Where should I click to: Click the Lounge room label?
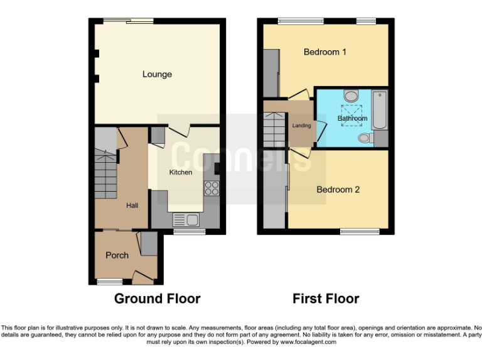click(x=157, y=74)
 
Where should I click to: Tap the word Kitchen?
click(x=181, y=172)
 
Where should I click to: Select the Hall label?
click(x=132, y=206)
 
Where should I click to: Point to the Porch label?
click(x=117, y=255)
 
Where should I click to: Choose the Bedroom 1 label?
click(x=325, y=52)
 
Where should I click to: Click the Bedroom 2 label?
click(x=338, y=189)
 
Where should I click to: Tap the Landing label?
click(x=302, y=126)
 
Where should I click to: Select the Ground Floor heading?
click(x=157, y=299)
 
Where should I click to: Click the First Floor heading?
click(x=326, y=299)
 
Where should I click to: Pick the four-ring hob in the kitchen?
click(x=212, y=188)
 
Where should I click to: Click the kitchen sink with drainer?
click(x=186, y=219)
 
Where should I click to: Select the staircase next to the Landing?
click(x=275, y=129)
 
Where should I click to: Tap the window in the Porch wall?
click(x=109, y=282)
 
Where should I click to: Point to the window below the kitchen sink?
click(x=185, y=231)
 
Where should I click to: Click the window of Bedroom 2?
click(x=360, y=231)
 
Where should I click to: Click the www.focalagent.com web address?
click(x=308, y=343)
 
